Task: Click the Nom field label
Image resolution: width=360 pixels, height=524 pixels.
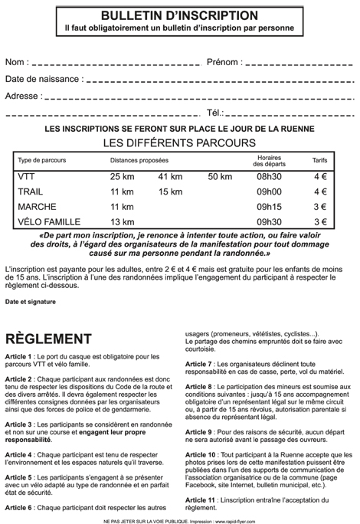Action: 17,61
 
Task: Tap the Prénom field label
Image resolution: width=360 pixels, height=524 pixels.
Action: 222,61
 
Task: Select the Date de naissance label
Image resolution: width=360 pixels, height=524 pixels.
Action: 42,79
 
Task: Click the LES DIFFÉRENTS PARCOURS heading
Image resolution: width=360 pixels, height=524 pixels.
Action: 180,142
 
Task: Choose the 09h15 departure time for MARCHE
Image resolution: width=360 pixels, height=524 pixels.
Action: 269,207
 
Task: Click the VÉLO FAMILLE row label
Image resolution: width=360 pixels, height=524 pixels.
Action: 48,221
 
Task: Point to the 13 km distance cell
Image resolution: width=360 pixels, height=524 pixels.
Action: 123,221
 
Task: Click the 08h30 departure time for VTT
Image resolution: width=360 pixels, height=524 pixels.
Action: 269,178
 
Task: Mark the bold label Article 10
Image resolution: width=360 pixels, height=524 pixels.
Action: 201,454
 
